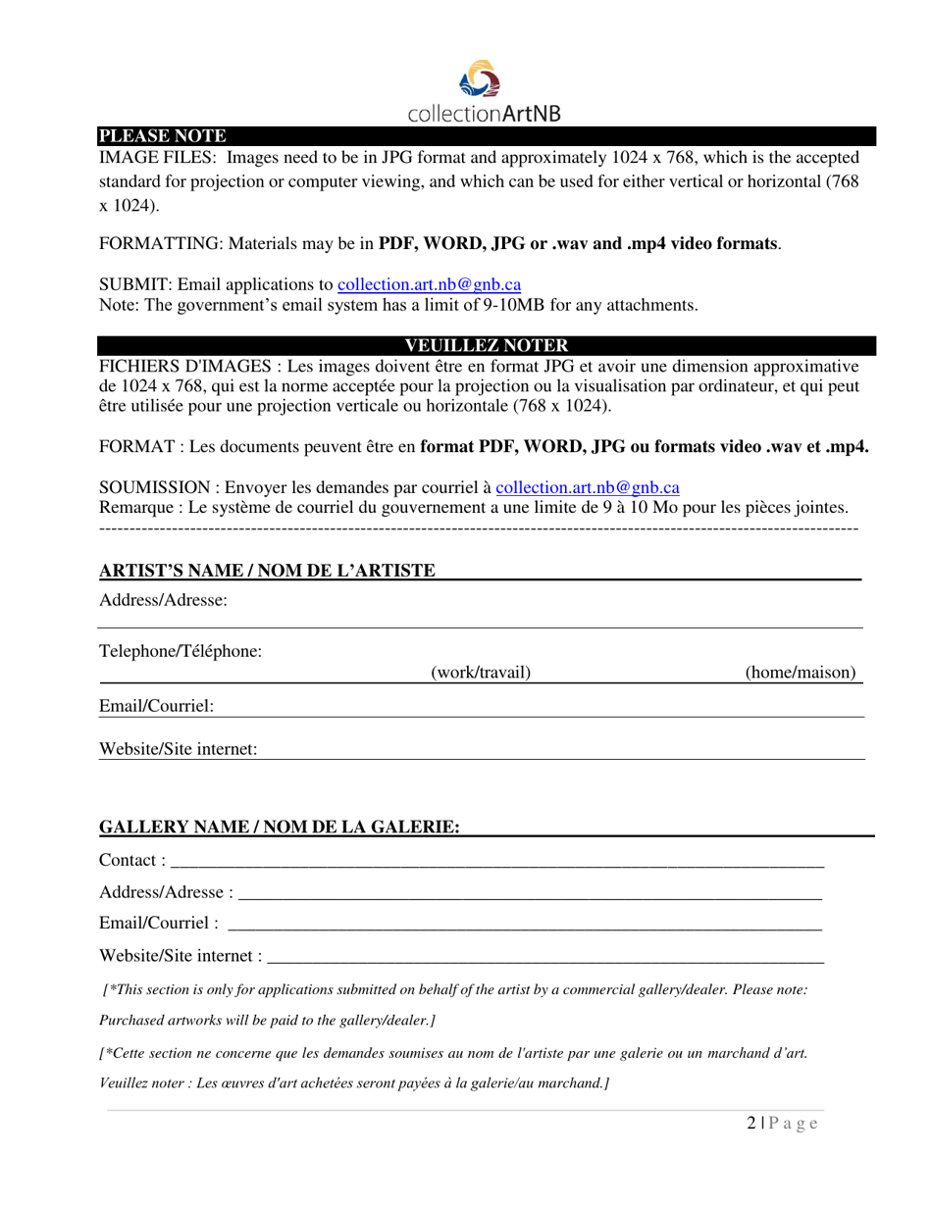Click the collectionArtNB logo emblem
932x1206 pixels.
[x=482, y=80]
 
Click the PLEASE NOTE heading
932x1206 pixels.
[x=162, y=136]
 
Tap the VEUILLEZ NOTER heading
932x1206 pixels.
[x=486, y=345]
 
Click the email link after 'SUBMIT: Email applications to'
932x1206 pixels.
[x=429, y=284]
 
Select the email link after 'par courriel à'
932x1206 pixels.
[x=588, y=487]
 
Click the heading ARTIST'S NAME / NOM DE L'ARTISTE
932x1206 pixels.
[x=268, y=571]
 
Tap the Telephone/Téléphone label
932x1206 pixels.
[x=181, y=650]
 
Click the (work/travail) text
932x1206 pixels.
[x=481, y=673]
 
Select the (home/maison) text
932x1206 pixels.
[x=801, y=673]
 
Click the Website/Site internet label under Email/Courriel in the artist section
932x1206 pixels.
[x=179, y=749]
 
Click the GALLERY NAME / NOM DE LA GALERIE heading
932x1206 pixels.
[x=280, y=828]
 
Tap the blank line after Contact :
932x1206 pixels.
[x=496, y=863]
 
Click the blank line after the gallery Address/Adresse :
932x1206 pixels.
[x=530, y=894]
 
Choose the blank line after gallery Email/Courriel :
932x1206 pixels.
[x=524, y=925]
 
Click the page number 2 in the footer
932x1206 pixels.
[x=751, y=1124]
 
